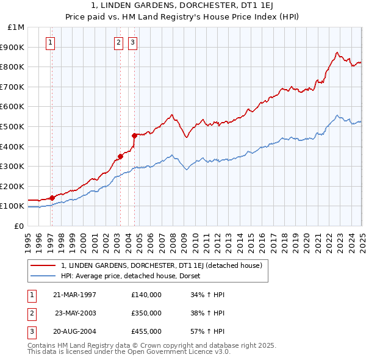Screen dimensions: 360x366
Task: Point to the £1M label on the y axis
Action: click(16, 27)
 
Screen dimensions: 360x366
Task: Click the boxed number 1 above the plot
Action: click(50, 43)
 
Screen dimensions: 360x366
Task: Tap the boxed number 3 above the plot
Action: click(132, 43)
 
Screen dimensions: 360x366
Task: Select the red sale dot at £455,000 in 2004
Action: click(134, 135)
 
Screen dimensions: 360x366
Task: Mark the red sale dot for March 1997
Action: click(52, 197)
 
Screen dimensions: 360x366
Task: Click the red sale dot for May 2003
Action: click(120, 156)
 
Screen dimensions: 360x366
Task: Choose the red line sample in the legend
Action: click(43, 265)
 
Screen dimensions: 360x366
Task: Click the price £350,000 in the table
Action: click(146, 313)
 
